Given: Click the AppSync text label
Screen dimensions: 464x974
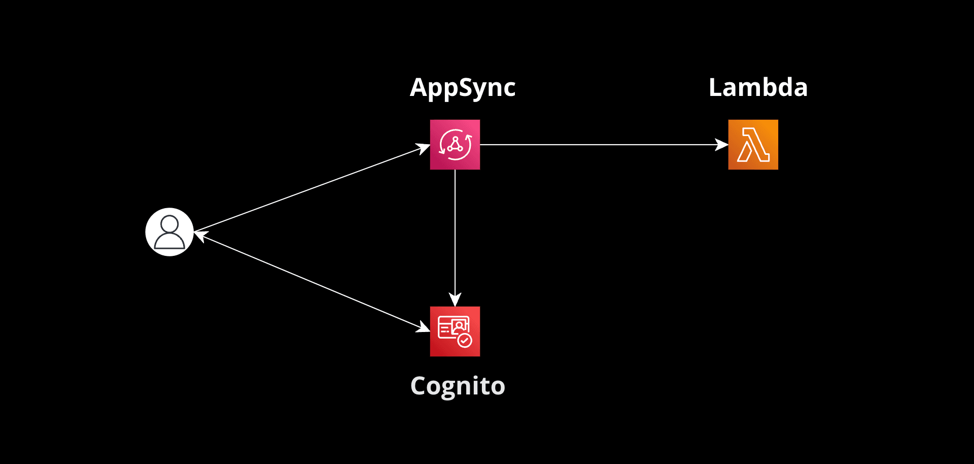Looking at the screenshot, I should pos(462,88).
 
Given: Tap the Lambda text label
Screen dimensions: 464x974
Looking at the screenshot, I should pos(757,87).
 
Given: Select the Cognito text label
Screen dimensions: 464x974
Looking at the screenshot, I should pos(458,386).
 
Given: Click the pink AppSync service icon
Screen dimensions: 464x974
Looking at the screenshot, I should pos(455,145).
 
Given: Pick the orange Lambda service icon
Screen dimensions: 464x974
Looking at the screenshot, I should pos(753,145).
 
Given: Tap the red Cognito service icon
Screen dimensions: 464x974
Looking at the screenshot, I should pos(455,332).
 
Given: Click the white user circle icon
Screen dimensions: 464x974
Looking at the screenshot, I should pos(169,232).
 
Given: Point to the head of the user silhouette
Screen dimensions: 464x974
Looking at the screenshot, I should pos(169,224).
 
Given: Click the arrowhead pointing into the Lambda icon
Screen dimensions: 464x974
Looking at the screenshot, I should pos(722,145).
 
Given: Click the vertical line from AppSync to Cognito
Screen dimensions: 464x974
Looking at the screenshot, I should pos(455,228).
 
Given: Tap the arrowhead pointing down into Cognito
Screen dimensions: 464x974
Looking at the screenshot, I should pos(455,300).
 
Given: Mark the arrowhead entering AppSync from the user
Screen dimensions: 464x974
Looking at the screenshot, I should pos(423,148).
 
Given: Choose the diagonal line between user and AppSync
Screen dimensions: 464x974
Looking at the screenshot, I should pos(309,189).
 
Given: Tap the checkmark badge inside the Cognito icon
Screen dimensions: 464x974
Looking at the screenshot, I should pos(464,341).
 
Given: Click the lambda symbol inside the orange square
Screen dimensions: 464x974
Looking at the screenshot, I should pos(753,145).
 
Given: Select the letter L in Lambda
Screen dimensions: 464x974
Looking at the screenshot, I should pos(715,87).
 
